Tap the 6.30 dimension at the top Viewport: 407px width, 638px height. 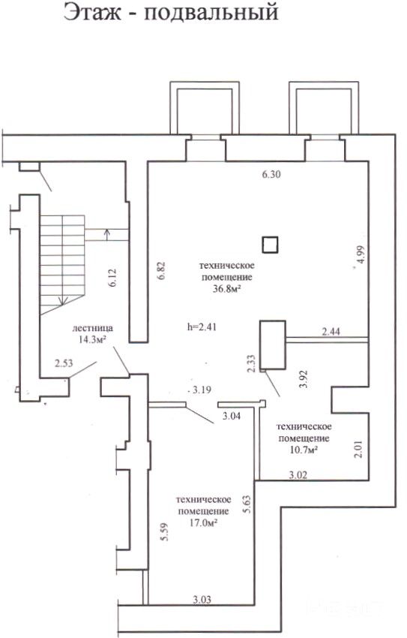(x=272, y=175)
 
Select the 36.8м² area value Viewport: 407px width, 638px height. (x=226, y=288)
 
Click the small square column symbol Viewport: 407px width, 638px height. (x=270, y=245)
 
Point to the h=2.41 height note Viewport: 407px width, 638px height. (x=201, y=327)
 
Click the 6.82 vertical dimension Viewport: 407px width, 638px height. (x=161, y=270)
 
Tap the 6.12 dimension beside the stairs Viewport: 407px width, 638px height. (x=112, y=278)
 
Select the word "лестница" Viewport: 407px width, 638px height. (x=93, y=328)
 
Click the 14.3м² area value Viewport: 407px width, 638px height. (x=93, y=339)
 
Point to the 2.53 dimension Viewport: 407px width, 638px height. (x=64, y=363)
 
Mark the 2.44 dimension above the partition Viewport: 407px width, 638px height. (x=331, y=332)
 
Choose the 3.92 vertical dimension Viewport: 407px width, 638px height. (x=303, y=379)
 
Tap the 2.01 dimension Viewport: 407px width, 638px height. (x=358, y=450)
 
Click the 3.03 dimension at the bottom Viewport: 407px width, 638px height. (x=202, y=600)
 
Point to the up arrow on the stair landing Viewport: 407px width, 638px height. (x=107, y=235)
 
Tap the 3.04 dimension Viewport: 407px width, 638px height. (x=231, y=415)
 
